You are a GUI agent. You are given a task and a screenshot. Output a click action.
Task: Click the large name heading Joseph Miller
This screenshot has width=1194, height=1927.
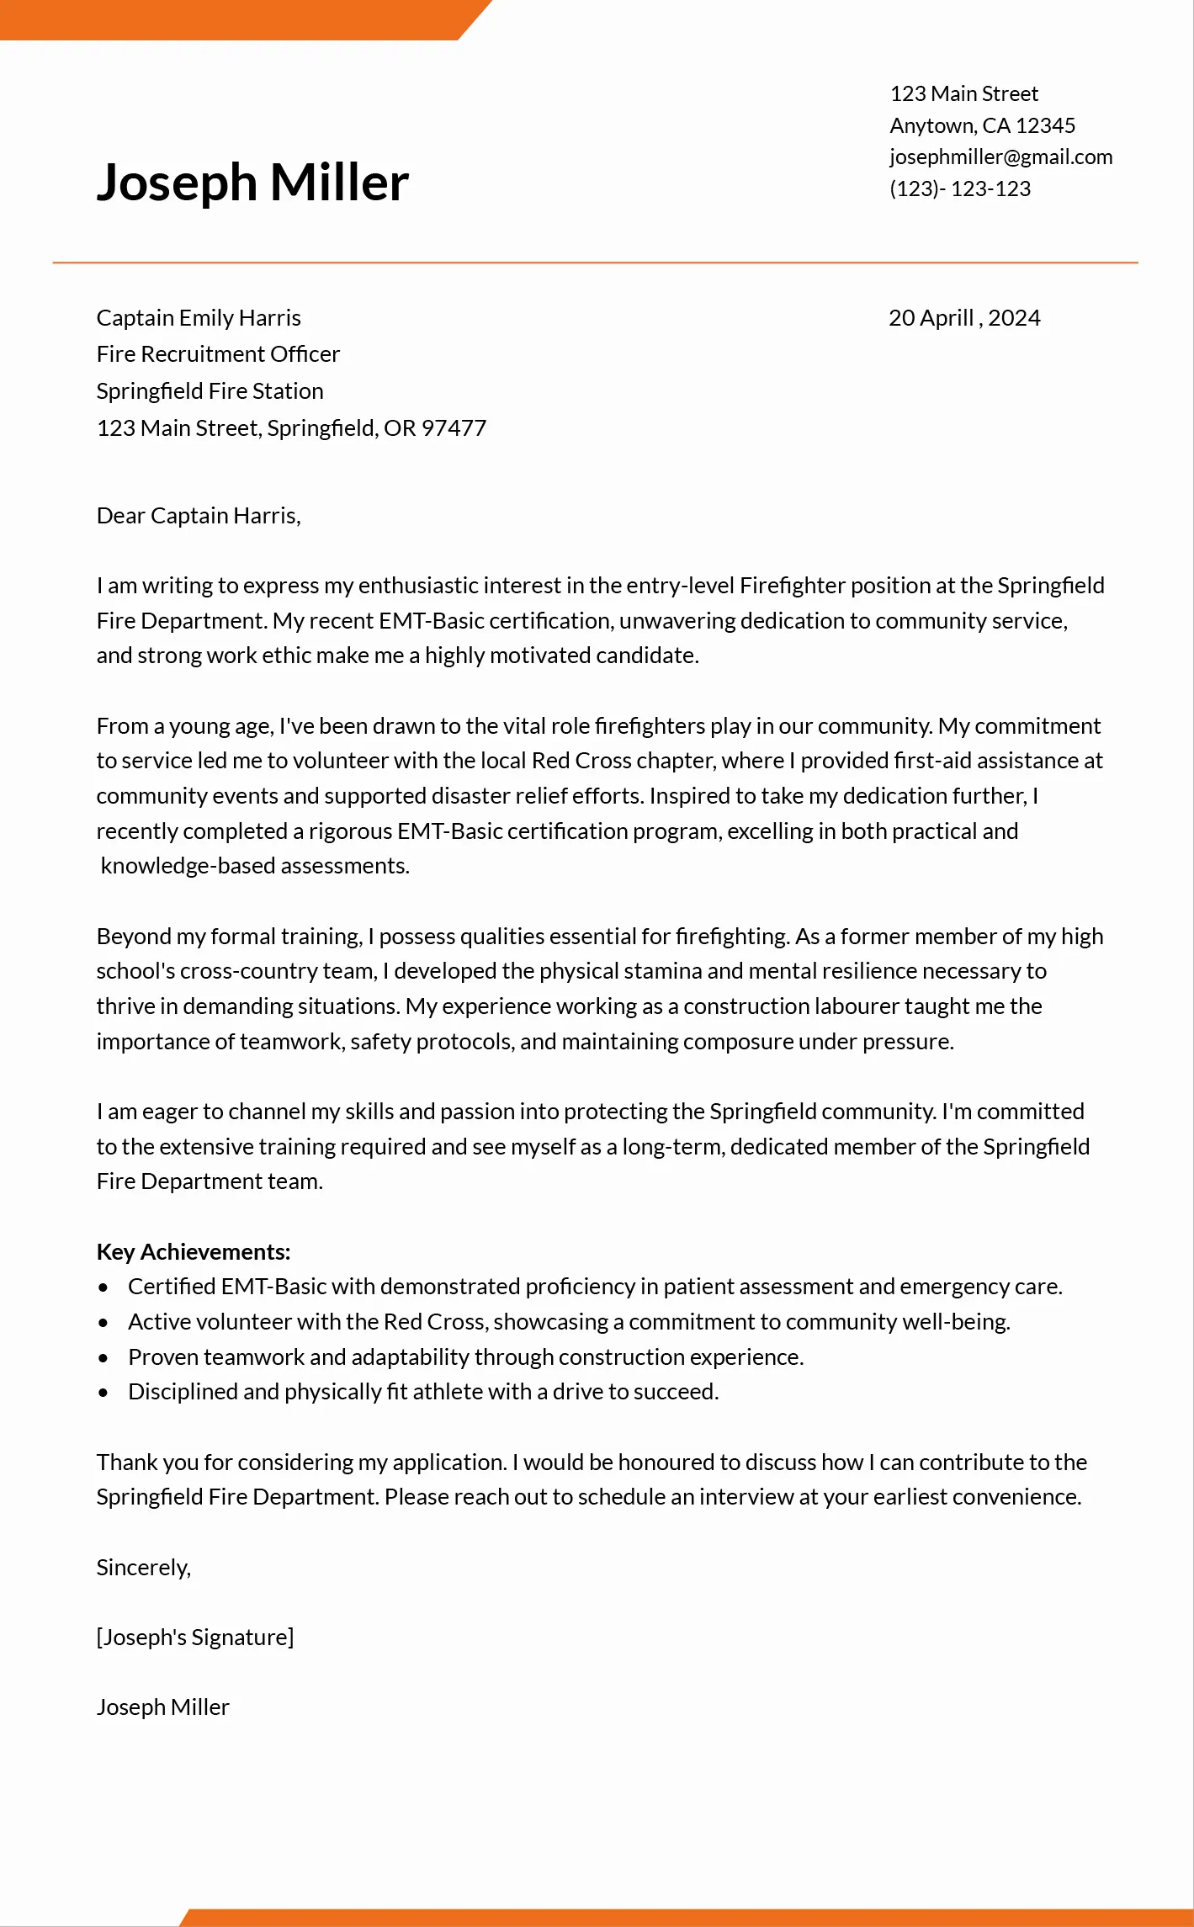(252, 183)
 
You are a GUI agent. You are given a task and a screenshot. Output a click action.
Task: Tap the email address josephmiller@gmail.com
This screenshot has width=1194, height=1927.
(1000, 157)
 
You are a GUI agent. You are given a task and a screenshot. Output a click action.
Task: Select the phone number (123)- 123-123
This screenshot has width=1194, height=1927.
(960, 188)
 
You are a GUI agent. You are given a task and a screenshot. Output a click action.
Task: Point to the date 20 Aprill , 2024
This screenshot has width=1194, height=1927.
(964, 318)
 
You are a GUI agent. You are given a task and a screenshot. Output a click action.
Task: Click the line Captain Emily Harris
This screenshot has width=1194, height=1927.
(199, 318)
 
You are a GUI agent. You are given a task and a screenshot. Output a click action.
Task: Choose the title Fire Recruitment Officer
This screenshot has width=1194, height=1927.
(218, 354)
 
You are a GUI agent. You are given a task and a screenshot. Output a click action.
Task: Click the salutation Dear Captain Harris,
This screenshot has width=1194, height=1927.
(199, 516)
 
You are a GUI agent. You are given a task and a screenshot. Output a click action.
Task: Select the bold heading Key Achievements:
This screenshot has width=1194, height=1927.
(194, 1252)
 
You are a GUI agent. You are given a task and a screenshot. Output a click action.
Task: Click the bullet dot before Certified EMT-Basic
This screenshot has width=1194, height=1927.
(103, 1287)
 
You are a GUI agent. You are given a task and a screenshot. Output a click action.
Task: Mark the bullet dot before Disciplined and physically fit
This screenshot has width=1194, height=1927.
(103, 1393)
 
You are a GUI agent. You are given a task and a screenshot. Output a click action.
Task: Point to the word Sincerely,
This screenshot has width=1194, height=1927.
(144, 1568)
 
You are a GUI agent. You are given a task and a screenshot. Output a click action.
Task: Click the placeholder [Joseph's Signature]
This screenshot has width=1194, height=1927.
(195, 1638)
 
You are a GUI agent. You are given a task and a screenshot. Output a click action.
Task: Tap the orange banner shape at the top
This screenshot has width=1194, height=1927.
(236, 19)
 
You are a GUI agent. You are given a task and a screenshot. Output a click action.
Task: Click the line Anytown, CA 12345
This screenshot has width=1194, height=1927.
(982, 125)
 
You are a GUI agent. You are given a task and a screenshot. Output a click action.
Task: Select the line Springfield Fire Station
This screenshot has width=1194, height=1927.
(210, 391)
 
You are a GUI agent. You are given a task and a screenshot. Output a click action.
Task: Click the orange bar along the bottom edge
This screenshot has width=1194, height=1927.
(690, 1918)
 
